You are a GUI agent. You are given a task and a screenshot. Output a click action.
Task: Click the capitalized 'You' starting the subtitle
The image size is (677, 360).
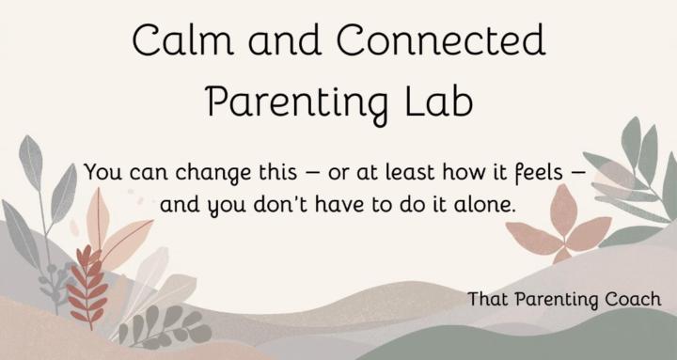(x=102, y=174)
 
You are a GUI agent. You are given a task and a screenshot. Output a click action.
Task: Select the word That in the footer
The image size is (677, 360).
(x=488, y=299)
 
